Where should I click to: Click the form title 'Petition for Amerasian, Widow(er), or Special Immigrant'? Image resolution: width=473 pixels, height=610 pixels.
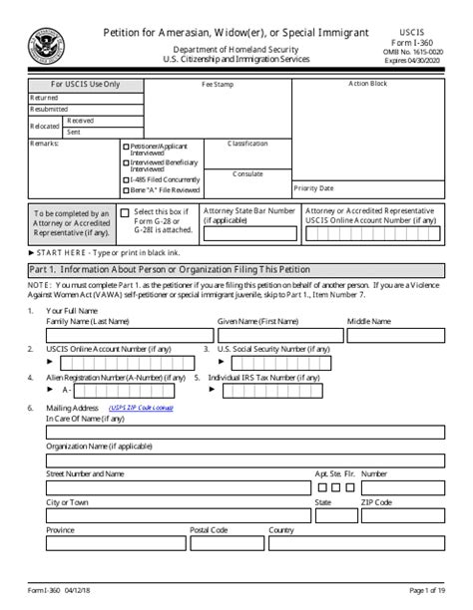coord(236,34)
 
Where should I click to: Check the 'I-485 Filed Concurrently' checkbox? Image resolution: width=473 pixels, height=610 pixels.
coord(125,180)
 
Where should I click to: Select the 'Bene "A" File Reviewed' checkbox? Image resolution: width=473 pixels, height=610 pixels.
coord(125,189)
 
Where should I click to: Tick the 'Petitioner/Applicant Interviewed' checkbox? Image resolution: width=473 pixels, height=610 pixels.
coord(125,147)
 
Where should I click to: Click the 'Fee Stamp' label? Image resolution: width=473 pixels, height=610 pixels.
coord(218,85)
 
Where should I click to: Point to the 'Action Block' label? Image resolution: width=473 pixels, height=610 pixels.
coord(367,84)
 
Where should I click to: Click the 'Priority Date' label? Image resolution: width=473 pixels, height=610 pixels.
coord(314,187)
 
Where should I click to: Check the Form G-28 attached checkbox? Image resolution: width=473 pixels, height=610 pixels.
coord(124,213)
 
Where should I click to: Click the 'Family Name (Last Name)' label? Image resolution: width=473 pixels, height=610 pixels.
coord(88,322)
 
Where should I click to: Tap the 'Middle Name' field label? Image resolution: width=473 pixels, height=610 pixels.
coord(368,322)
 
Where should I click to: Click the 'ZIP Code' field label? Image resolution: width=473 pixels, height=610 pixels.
coord(376,502)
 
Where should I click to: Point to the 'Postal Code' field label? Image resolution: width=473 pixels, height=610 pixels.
coord(210,530)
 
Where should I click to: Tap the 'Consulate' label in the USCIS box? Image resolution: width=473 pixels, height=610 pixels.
coord(247,173)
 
